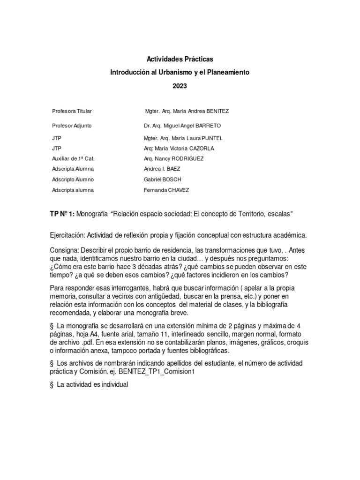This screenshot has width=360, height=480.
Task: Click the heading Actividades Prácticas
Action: click(x=180, y=60)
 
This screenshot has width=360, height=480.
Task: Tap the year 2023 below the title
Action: click(x=180, y=86)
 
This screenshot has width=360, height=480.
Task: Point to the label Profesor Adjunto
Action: click(x=72, y=126)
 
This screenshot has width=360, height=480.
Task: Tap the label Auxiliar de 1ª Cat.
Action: click(x=73, y=159)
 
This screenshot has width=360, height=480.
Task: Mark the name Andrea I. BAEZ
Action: click(x=162, y=169)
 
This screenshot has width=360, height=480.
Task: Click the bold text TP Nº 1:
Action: click(x=61, y=214)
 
